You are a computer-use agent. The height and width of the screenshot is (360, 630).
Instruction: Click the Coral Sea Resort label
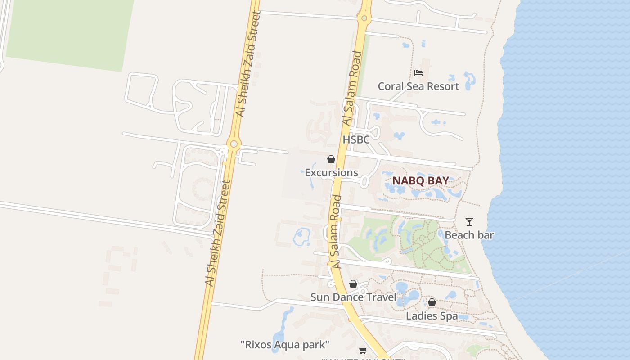tap(418, 86)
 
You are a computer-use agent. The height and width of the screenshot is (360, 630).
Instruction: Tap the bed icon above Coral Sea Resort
tap(418, 72)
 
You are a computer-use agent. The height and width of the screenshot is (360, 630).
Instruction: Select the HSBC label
tap(356, 139)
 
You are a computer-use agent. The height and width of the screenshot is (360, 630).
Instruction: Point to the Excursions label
tap(331, 173)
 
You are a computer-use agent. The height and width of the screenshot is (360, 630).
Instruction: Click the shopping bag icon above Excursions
tap(331, 159)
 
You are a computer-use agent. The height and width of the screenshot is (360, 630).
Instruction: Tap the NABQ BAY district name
tap(420, 181)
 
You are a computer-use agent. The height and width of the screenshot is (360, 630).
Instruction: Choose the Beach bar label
tap(469, 235)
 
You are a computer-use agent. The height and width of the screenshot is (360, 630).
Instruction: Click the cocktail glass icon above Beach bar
tap(469, 221)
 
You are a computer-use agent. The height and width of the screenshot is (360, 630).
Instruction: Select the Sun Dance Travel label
tap(353, 297)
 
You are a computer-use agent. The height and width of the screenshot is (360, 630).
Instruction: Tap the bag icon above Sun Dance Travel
tap(353, 284)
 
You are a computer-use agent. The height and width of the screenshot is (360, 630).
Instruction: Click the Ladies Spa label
tap(432, 316)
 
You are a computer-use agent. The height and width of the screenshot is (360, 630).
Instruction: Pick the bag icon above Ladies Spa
tap(432, 302)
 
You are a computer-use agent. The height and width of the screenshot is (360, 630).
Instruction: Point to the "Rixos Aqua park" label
tap(285, 345)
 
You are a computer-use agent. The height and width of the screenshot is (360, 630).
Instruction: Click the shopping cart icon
tap(363, 350)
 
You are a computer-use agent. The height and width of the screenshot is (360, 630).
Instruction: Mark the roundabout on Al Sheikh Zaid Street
tap(233, 144)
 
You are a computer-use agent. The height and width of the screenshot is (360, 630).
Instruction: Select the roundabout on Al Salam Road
tap(364, 18)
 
